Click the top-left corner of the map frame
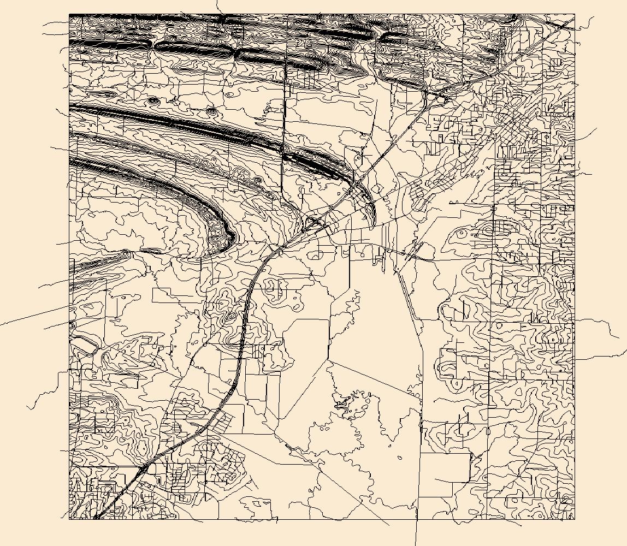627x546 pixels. point(69,15)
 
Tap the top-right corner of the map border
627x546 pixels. point(575,15)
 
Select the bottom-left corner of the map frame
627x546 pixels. point(69,519)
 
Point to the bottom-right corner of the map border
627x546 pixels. point(575,519)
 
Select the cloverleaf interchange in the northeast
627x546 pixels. point(435,96)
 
